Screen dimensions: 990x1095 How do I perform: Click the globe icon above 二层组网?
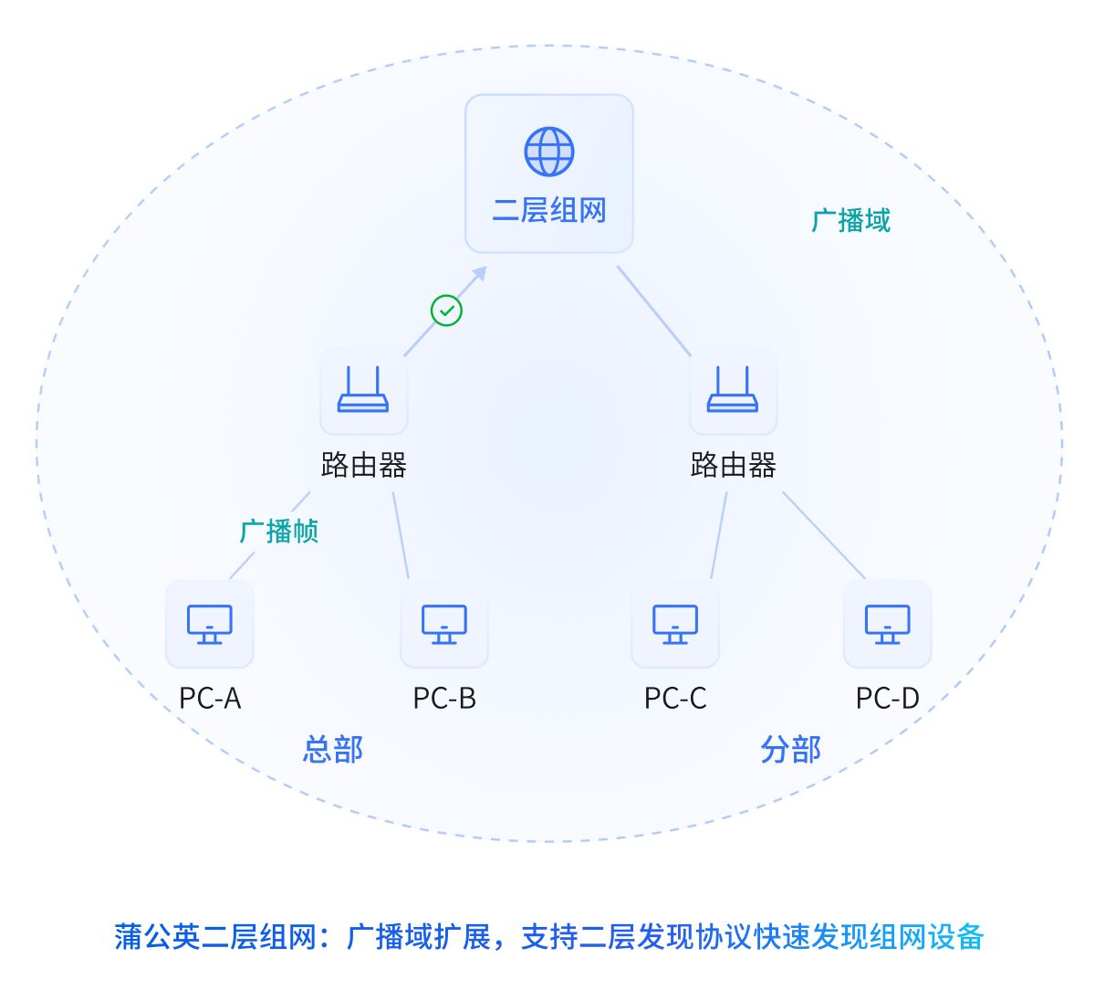click(x=549, y=152)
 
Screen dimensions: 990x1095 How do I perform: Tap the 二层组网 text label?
click(x=549, y=211)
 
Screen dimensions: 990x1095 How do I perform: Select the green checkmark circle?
click(x=446, y=311)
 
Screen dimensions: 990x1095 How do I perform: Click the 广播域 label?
click(x=850, y=221)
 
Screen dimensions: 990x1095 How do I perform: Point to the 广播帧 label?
click(x=279, y=532)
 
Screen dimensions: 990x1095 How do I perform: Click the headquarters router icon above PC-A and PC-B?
click(x=363, y=391)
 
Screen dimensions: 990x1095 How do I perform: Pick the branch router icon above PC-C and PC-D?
click(x=733, y=391)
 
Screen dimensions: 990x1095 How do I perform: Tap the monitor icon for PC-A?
click(x=210, y=625)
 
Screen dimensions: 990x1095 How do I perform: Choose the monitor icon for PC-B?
click(x=444, y=625)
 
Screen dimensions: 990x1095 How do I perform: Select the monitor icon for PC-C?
click(x=675, y=625)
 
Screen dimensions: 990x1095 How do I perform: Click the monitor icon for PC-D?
click(x=887, y=625)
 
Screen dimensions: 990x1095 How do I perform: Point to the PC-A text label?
click(x=210, y=699)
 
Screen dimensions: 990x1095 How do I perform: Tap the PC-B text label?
click(x=444, y=699)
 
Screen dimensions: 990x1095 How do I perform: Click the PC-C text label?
click(x=675, y=699)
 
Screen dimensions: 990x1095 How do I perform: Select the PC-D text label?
click(x=887, y=699)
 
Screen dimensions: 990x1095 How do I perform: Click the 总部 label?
click(x=333, y=750)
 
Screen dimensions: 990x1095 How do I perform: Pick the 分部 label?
click(x=791, y=750)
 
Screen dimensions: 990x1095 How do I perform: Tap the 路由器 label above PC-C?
click(x=733, y=466)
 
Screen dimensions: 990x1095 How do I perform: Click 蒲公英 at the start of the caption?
click(x=158, y=937)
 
